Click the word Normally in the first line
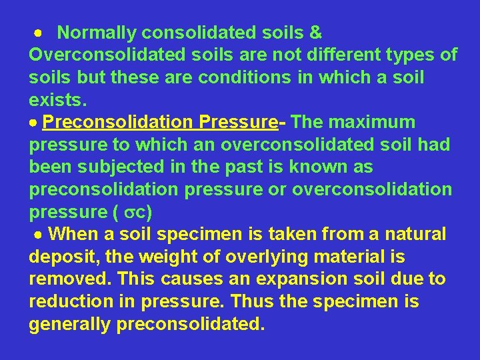coord(98,32)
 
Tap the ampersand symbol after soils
coord(316,32)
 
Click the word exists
coord(57,100)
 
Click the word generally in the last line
coord(70,325)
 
